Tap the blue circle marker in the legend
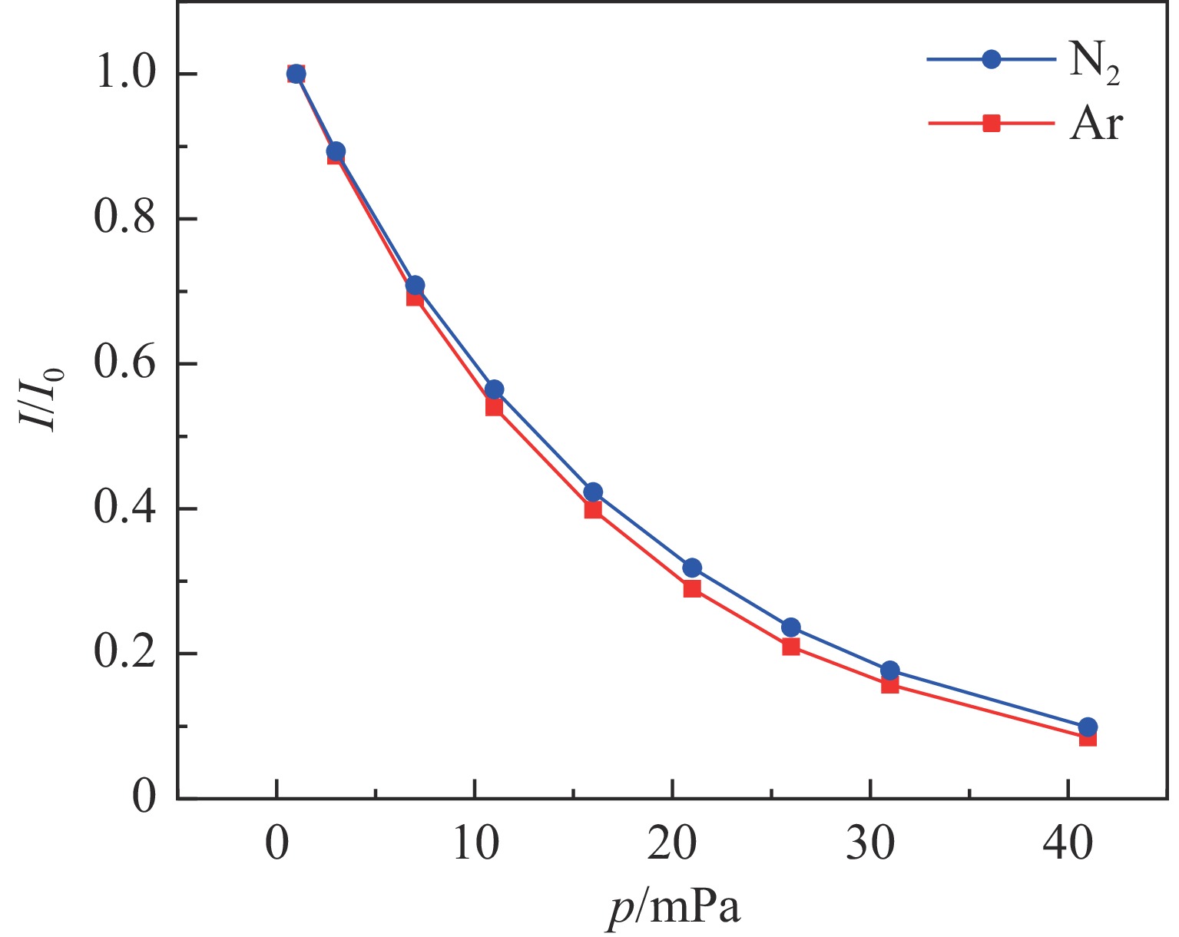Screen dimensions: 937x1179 coord(992,59)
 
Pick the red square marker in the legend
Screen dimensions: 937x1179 coord(992,123)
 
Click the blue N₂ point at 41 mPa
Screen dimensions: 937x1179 coord(1088,727)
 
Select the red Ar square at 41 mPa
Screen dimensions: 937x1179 coord(1088,738)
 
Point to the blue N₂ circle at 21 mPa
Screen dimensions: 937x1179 coord(692,568)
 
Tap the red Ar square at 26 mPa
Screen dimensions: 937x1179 coord(791,647)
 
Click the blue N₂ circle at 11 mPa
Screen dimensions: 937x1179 coord(495,389)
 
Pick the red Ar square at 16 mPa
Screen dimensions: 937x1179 coord(593,510)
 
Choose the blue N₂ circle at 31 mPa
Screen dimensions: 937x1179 coord(890,670)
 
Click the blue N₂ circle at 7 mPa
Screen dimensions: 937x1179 coord(416,286)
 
